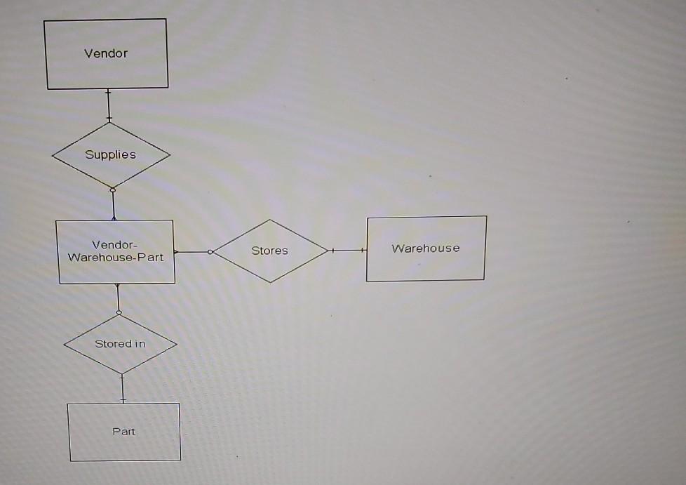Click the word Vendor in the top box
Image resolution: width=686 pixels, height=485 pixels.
pyautogui.click(x=106, y=53)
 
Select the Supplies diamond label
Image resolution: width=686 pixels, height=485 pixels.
pyautogui.click(x=110, y=154)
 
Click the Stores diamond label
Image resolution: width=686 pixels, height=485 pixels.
pyautogui.click(x=269, y=251)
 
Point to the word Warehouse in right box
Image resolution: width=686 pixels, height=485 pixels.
pyautogui.click(x=426, y=248)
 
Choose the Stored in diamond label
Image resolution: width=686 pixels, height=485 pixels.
pyautogui.click(x=120, y=343)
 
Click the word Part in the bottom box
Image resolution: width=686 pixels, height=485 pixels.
pyautogui.click(x=123, y=431)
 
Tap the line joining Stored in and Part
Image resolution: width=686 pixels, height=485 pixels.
pyautogui.click(x=122, y=387)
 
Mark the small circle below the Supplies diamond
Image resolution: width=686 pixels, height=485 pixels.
pyautogui.click(x=112, y=190)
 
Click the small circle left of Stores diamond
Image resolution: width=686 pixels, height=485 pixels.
pyautogui.click(x=209, y=251)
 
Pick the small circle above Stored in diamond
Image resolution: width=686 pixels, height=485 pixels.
pyautogui.click(x=119, y=312)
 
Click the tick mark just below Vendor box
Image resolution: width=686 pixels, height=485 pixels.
pyautogui.click(x=108, y=93)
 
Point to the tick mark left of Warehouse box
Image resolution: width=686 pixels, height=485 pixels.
pyautogui.click(x=362, y=250)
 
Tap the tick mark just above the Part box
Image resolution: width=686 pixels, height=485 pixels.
pyautogui.click(x=123, y=399)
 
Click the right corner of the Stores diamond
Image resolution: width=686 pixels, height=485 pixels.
pyautogui.click(x=328, y=250)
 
